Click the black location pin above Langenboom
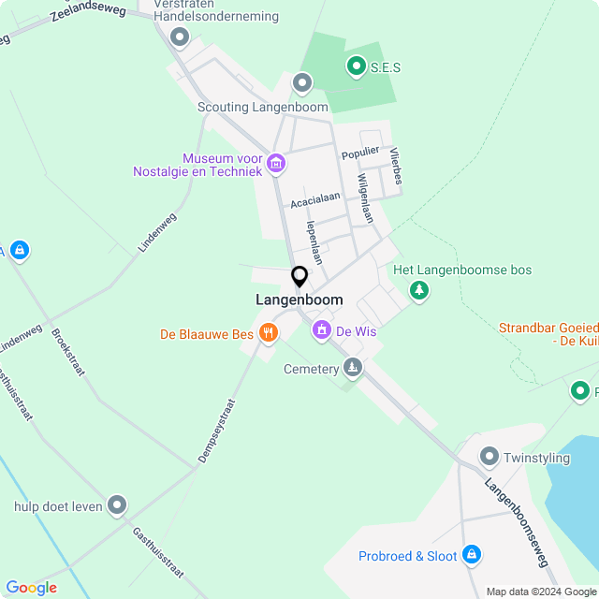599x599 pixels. pos(299,277)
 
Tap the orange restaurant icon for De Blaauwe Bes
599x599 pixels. pos(269,332)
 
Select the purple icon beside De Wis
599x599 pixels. pos(322,329)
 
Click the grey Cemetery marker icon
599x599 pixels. pos(353,367)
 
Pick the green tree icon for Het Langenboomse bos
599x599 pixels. pos(419,292)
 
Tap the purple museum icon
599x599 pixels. pos(275,164)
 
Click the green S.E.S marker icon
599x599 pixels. pos(356,66)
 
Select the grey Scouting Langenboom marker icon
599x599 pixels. pos(301,83)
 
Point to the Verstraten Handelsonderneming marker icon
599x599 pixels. pos(180,37)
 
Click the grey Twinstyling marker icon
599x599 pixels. pos(489,457)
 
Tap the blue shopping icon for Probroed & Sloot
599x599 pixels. pos(472,555)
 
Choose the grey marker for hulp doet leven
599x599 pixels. pos(116,505)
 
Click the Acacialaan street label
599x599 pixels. pos(314,199)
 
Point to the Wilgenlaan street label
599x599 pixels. pos(365,197)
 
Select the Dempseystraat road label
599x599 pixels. pos(216,431)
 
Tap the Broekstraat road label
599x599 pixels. pos(69,352)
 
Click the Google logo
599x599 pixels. pos(31,588)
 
